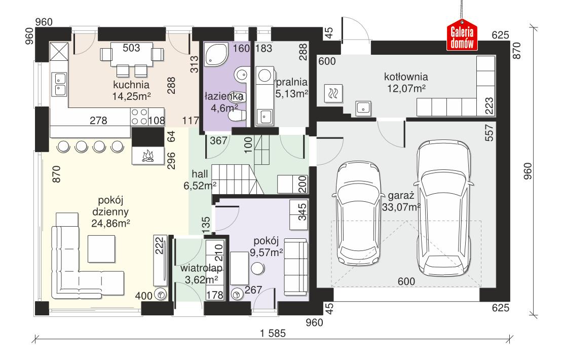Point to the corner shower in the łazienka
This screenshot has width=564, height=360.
click(x=216, y=54)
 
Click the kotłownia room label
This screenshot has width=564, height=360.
click(x=406, y=78)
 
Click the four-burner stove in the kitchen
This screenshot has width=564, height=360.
click(x=139, y=117)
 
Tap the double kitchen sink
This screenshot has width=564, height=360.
click(x=59, y=85)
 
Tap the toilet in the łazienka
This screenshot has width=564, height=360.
click(x=237, y=116)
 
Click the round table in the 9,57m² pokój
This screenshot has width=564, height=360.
click(x=258, y=268)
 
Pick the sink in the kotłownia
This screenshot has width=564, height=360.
click(x=363, y=107)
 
